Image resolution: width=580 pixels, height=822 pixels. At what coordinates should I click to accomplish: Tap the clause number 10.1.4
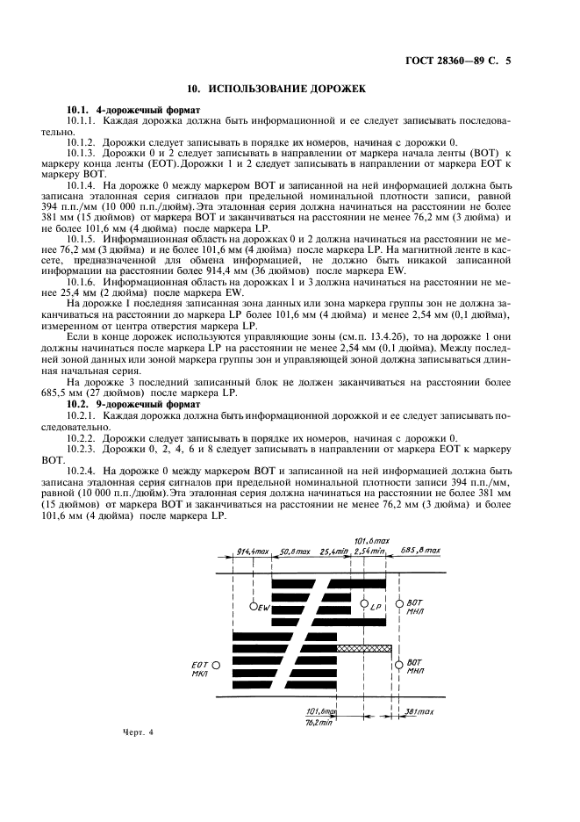(82, 186)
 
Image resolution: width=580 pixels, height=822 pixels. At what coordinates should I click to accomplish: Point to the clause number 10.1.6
(82, 281)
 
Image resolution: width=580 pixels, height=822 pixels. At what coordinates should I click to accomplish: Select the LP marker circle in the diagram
(364, 605)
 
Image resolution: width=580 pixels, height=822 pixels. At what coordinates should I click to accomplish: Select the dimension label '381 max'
(423, 712)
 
